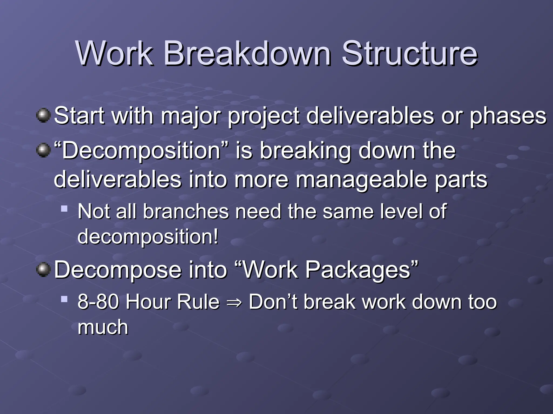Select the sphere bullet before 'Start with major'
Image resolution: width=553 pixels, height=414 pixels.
click(x=43, y=116)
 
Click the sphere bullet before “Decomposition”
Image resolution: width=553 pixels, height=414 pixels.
click(x=43, y=150)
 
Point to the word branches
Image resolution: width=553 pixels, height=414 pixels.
click(x=186, y=211)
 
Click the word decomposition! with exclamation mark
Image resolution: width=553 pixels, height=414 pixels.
click(x=148, y=237)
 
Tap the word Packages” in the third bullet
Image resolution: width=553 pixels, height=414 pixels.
click(x=362, y=270)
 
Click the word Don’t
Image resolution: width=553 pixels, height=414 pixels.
click(x=273, y=302)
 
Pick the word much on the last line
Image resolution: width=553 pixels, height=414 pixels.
click(x=103, y=327)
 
